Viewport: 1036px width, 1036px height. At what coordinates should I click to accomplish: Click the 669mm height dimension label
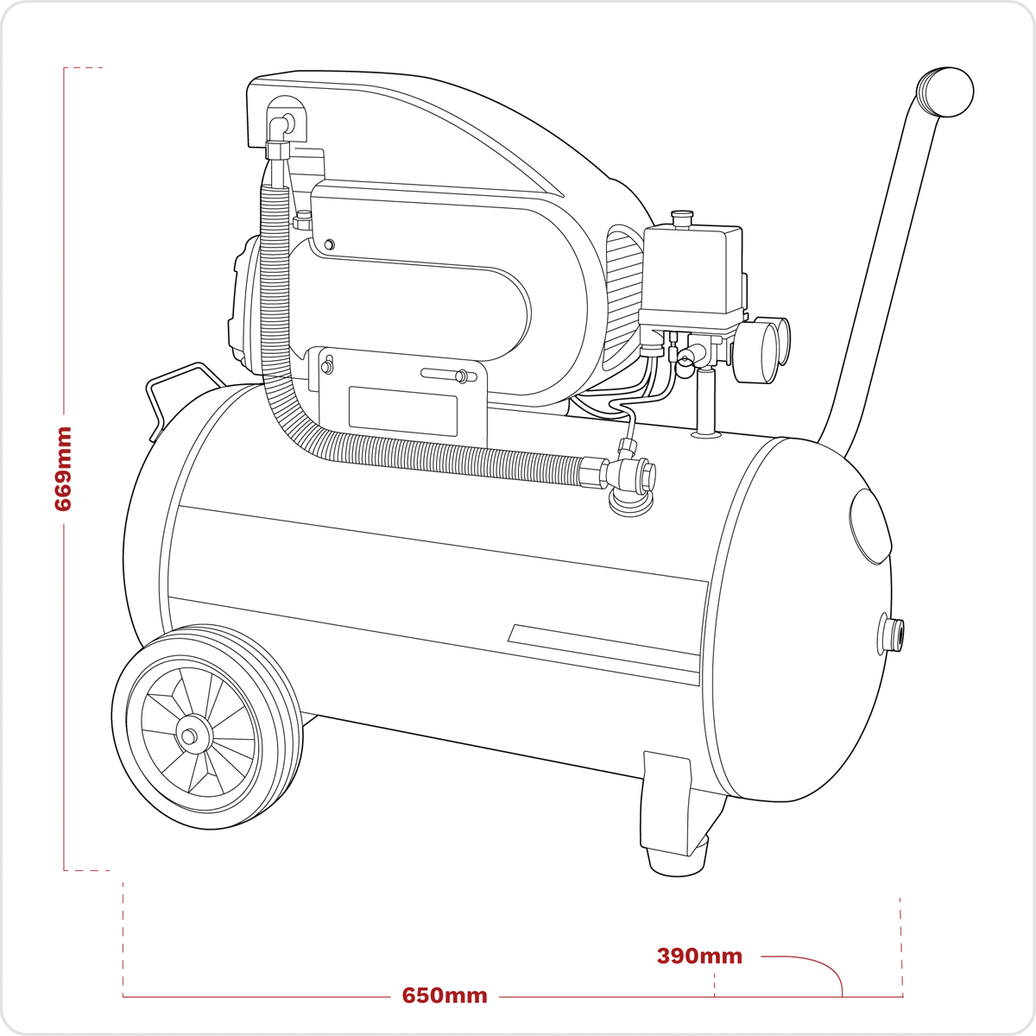63,469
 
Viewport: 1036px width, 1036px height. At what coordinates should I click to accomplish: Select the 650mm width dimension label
445,995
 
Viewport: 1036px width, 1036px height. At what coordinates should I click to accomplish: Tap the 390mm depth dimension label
699,956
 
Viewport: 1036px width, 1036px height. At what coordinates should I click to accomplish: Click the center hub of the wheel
188,736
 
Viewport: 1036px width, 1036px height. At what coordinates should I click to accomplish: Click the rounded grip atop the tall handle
944,92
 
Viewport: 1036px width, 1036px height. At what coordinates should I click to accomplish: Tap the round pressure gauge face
755,351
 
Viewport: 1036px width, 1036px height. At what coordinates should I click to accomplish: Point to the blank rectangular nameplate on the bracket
403,411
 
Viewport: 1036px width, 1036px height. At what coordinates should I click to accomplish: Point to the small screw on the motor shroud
329,245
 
